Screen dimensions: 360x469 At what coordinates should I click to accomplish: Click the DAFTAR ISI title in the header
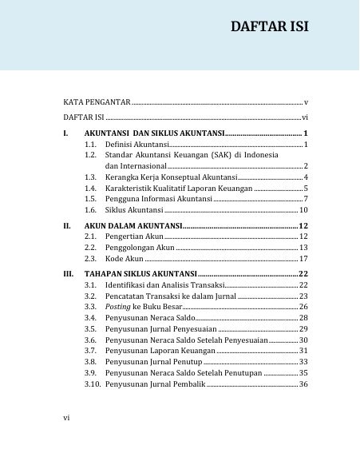click(x=269, y=27)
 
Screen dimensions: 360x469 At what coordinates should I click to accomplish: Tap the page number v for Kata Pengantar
click(x=306, y=104)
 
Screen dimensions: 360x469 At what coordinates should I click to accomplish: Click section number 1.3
click(x=90, y=177)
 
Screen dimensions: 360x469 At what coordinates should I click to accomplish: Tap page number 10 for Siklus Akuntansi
click(x=303, y=209)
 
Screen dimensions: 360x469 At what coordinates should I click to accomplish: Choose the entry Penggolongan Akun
click(x=140, y=248)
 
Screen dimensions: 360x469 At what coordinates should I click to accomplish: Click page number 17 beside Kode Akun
click(x=303, y=260)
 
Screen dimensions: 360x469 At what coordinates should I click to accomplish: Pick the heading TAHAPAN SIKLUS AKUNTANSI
click(x=140, y=274)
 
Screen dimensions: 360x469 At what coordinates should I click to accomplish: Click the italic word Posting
click(x=117, y=307)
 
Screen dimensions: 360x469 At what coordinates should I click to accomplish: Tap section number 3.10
click(x=93, y=384)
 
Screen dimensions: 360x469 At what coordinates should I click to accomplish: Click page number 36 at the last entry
click(x=303, y=384)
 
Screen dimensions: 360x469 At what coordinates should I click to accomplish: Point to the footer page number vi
click(x=67, y=416)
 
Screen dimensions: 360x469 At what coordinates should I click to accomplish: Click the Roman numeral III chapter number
click(x=68, y=274)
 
